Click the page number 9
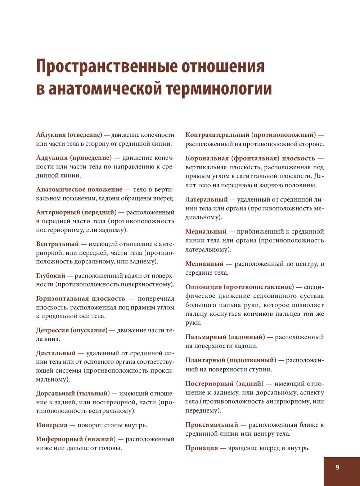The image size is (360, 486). point(337,467)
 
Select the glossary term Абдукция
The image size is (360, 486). point(51,135)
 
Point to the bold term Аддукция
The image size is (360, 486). point(52,158)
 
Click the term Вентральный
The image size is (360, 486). point(57,244)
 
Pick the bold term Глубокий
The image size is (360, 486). point(51,276)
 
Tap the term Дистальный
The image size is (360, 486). point(56,353)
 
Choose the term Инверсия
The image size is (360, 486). point(52,425)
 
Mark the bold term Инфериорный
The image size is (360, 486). point(59,439)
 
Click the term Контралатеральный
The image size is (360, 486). point(217,135)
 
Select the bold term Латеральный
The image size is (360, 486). point(207,199)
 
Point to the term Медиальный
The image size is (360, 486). point(206,231)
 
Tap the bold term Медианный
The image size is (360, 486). point(204,264)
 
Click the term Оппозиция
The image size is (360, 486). point(204,287)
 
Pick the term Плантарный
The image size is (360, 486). point(205,360)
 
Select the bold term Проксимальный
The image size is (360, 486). point(212,425)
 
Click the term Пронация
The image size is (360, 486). point(202,448)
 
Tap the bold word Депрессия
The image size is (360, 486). point(53,330)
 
